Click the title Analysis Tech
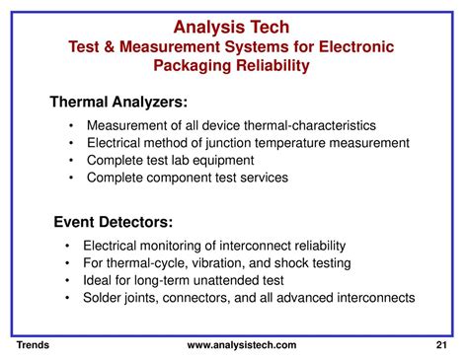click(233, 27)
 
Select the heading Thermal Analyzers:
click(118, 103)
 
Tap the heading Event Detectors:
click(112, 222)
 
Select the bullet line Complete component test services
click(188, 179)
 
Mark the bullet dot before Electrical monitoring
click(66, 246)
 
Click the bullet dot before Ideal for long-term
click(66, 281)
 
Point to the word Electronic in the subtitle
click(353, 46)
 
